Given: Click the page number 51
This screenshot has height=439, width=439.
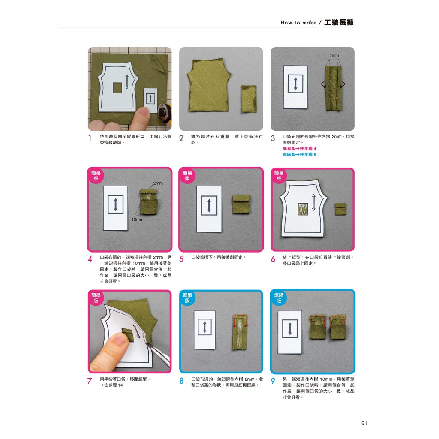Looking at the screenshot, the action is click(364, 423).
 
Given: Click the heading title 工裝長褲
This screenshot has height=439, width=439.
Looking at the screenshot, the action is click(339, 22).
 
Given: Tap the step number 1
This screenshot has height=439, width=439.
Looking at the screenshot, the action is click(90, 138).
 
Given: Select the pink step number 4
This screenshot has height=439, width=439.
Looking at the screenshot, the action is click(90, 259).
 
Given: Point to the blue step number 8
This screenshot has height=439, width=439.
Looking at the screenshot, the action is click(181, 381).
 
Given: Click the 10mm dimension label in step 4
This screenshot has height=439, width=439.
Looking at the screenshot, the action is click(138, 219).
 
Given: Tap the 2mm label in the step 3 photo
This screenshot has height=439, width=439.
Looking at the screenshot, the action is click(334, 56).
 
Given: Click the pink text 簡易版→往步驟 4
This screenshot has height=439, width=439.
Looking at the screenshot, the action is click(299, 149).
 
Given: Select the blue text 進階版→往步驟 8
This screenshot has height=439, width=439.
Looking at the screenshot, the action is click(299, 154).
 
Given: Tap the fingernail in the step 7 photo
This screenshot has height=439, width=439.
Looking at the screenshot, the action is click(120, 340).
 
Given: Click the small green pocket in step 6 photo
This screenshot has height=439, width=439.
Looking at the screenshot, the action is click(340, 209).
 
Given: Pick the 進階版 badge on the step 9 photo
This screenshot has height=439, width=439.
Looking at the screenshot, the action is click(279, 298).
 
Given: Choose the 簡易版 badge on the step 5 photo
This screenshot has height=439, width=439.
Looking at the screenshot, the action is click(187, 176).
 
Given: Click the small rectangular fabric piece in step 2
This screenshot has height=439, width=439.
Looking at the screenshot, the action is click(249, 99).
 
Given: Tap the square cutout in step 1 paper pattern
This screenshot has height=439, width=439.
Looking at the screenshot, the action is click(117, 87).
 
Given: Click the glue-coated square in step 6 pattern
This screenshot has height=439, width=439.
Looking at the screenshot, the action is click(303, 209).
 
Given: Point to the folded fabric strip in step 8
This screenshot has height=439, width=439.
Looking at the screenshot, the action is click(240, 332).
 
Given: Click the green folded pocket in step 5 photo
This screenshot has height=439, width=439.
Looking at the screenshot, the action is click(241, 204).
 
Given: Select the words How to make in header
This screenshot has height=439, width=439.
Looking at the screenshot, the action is click(298, 23).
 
